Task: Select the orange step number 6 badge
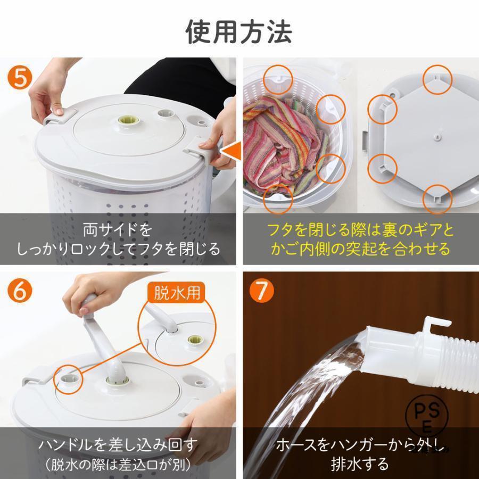(20, 291)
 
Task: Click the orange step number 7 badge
(261, 292)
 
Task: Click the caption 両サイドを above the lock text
(118, 230)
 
